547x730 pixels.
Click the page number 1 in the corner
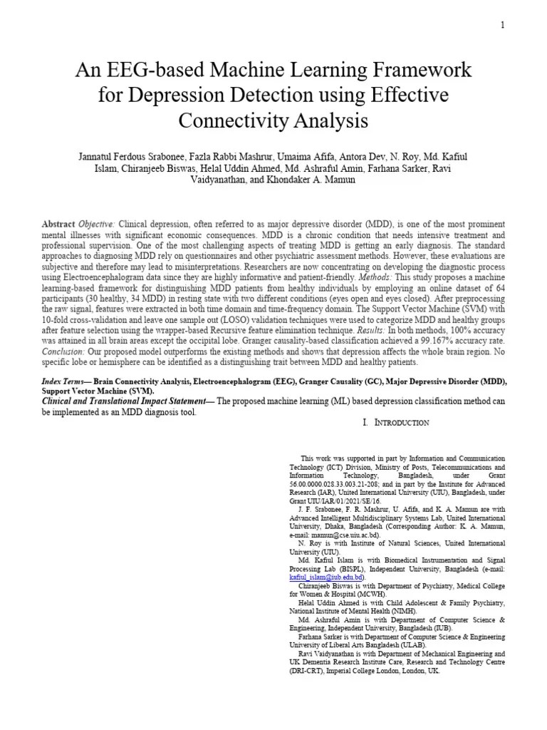502,25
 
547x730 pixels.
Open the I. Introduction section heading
396,423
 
